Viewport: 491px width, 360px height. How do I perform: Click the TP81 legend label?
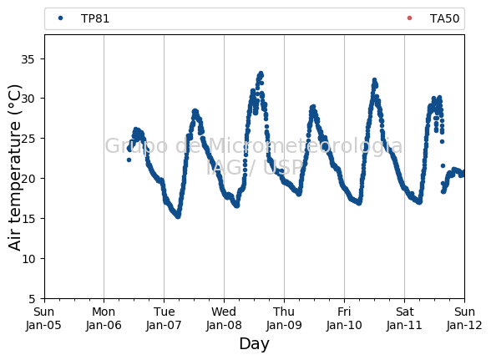pyautogui.click(x=95, y=19)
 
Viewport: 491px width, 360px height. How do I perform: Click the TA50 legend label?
pyautogui.click(x=444, y=19)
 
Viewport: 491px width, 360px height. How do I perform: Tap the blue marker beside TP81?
pyautogui.click(x=61, y=18)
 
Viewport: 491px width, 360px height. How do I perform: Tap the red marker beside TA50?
pyautogui.click(x=409, y=18)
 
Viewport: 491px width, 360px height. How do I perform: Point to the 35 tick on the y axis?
pyautogui.click(x=28, y=59)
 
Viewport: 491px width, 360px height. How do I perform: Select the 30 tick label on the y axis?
pyautogui.click(x=28, y=99)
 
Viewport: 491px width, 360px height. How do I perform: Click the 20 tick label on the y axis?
pyautogui.click(x=28, y=179)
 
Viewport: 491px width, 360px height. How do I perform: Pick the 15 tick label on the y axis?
pyautogui.click(x=28, y=219)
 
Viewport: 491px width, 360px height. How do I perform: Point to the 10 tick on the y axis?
pyautogui.click(x=28, y=259)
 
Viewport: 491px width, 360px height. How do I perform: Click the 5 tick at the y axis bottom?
pyautogui.click(x=32, y=299)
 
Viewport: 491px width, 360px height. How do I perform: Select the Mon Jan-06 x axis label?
pyautogui.click(x=104, y=318)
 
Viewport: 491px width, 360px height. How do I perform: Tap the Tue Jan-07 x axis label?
pyautogui.click(x=164, y=318)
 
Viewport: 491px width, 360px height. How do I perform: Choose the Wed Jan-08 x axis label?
pyautogui.click(x=224, y=318)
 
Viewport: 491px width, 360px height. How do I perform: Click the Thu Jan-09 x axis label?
pyautogui.click(x=284, y=318)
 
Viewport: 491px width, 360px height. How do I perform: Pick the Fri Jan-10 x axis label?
pyautogui.click(x=344, y=318)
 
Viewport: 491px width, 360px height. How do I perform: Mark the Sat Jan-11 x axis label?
pyautogui.click(x=404, y=318)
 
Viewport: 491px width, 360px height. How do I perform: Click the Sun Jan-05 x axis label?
pyautogui.click(x=43, y=318)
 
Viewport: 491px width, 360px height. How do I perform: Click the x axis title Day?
pyautogui.click(x=254, y=344)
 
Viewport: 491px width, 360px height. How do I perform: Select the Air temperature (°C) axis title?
pyautogui.click(x=15, y=168)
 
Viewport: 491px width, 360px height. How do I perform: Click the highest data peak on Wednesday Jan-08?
pyautogui.click(x=261, y=74)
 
